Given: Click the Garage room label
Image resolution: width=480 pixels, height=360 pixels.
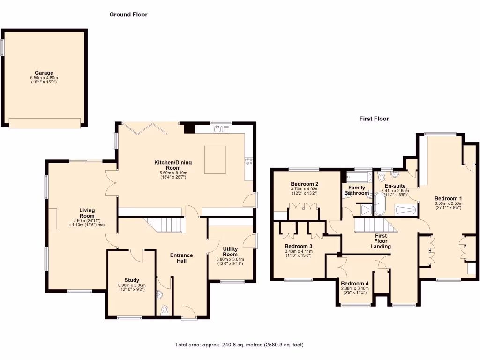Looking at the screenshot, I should tap(45, 73).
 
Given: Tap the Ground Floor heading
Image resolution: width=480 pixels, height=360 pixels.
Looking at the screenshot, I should tap(128, 15).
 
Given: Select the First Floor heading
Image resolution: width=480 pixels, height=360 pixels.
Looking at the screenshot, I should tap(374, 119).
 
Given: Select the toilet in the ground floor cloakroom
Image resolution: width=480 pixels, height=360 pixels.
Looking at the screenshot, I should tap(164, 311).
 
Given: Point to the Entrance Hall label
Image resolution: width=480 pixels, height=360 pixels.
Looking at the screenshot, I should tap(181, 258).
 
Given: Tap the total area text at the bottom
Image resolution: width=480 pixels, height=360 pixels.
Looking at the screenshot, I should tap(240, 345).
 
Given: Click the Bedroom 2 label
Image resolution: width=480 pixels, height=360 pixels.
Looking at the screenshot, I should tap(305, 184).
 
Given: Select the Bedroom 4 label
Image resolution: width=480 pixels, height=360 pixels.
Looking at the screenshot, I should tap(355, 284).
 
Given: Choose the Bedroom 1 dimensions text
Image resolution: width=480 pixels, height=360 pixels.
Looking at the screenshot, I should tap(448, 206).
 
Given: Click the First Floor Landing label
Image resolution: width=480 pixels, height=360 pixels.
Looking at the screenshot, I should tap(381, 241).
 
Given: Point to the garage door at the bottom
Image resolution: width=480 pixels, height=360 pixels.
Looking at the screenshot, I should tap(45, 123).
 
